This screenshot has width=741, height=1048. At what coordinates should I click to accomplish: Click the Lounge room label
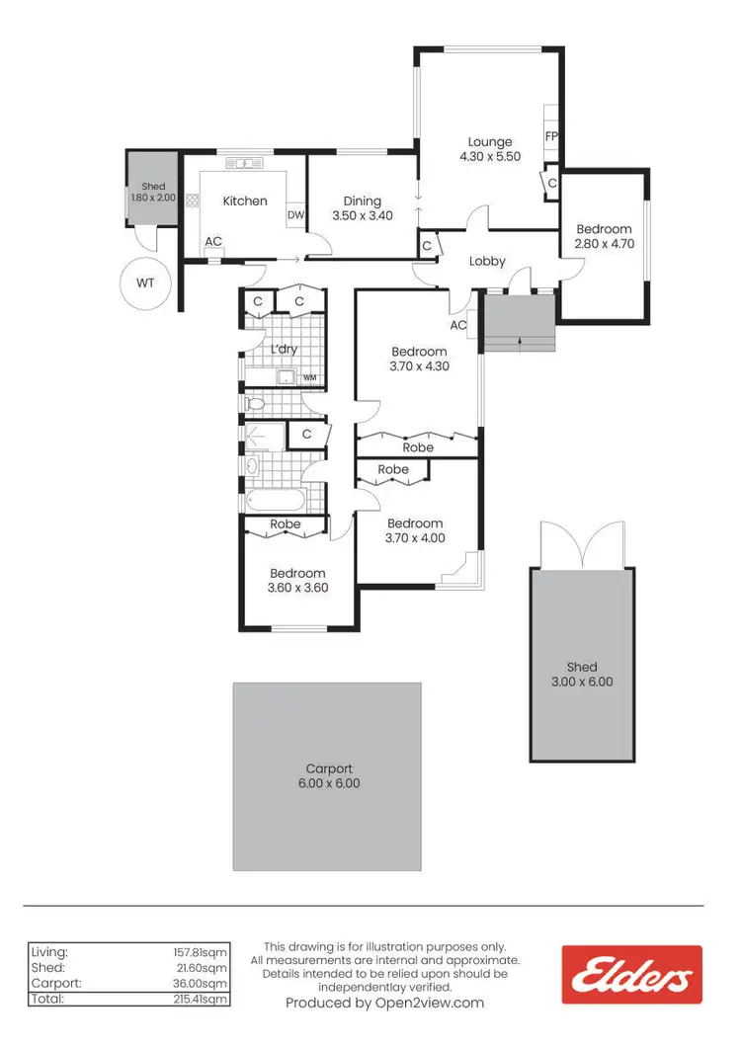coord(490,142)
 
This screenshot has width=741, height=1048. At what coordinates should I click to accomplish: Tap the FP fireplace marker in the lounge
coord(551,137)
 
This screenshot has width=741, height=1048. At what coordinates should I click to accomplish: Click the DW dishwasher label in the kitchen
coord(294,215)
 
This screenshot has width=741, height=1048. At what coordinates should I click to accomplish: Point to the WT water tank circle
coord(145,283)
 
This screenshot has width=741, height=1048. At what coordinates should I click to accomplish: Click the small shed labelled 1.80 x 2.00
coord(152,192)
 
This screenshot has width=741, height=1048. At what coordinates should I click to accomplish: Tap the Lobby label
coord(487,262)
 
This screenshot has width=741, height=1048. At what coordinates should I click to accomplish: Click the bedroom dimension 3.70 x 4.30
coord(419,365)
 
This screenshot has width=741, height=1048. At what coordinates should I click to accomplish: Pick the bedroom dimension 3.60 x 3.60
coord(297,588)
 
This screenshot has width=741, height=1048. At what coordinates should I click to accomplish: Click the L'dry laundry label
coord(285,350)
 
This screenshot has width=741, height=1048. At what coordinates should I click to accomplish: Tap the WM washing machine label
coord(309,377)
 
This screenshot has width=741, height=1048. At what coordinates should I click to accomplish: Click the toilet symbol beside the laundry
coord(255,404)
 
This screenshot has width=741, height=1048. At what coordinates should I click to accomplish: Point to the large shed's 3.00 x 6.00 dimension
coord(582,682)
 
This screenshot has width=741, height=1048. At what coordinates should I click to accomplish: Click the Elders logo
coord(631,975)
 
